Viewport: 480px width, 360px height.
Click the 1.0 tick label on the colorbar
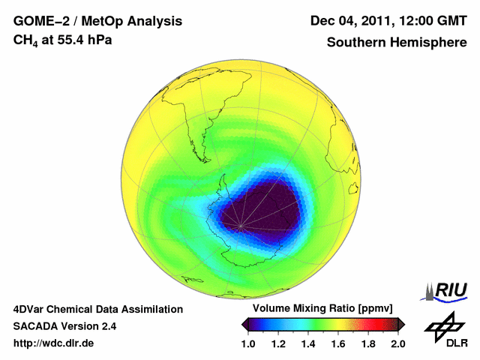point(250,343)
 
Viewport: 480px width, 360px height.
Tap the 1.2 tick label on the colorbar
point(279,343)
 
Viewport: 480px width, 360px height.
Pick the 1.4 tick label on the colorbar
point(309,343)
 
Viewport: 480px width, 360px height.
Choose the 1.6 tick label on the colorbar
point(338,343)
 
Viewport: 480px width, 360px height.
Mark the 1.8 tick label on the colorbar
point(367,343)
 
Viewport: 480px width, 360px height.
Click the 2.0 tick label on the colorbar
point(397,343)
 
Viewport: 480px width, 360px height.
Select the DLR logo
point(443,331)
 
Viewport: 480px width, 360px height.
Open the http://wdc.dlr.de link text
point(54,343)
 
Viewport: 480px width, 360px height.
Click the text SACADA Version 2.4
point(64,326)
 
